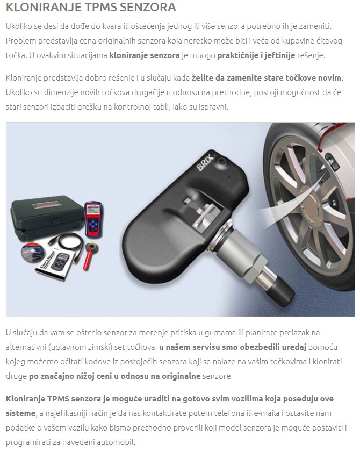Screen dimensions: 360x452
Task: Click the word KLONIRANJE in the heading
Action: tap(44, 7)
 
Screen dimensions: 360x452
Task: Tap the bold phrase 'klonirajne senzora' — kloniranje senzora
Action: tap(145, 55)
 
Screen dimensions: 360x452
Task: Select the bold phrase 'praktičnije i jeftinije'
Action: tap(256, 55)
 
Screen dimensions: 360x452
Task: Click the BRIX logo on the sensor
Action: tap(205, 162)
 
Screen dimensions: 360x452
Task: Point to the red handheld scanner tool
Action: tap(93, 220)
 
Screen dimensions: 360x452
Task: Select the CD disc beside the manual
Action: tap(33, 253)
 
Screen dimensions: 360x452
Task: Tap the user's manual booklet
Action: tap(54, 264)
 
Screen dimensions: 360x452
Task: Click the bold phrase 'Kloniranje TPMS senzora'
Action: tap(54, 399)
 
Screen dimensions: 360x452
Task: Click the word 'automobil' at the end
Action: tap(117, 442)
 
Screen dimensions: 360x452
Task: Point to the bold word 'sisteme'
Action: tap(20, 413)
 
